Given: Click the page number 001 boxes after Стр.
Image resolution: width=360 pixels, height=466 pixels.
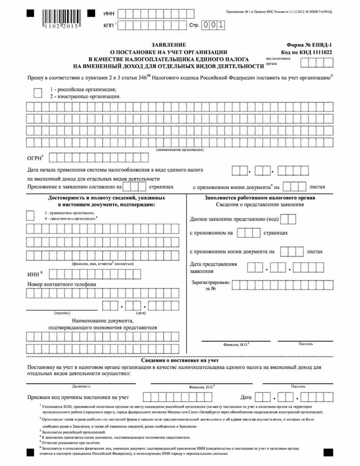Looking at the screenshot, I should pyautogui.click(x=213, y=25).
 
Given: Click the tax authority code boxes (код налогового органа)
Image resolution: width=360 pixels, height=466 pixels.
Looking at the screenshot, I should pyautogui.click(x=317, y=62).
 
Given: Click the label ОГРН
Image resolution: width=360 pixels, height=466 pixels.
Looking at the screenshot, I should pyautogui.click(x=35, y=158).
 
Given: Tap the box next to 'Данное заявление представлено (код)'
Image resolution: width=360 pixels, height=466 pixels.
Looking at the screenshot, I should pyautogui.click(x=288, y=219).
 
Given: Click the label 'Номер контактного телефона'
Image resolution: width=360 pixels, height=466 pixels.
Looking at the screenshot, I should pyautogui.click(x=61, y=284).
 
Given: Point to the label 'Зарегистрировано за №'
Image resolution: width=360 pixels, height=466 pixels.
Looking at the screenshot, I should pyautogui.click(x=210, y=285).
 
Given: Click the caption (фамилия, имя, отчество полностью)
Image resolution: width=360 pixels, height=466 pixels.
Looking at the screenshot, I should pyautogui.click(x=102, y=263).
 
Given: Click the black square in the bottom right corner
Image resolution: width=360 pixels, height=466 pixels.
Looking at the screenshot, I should pyautogui.click(x=328, y=452).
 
